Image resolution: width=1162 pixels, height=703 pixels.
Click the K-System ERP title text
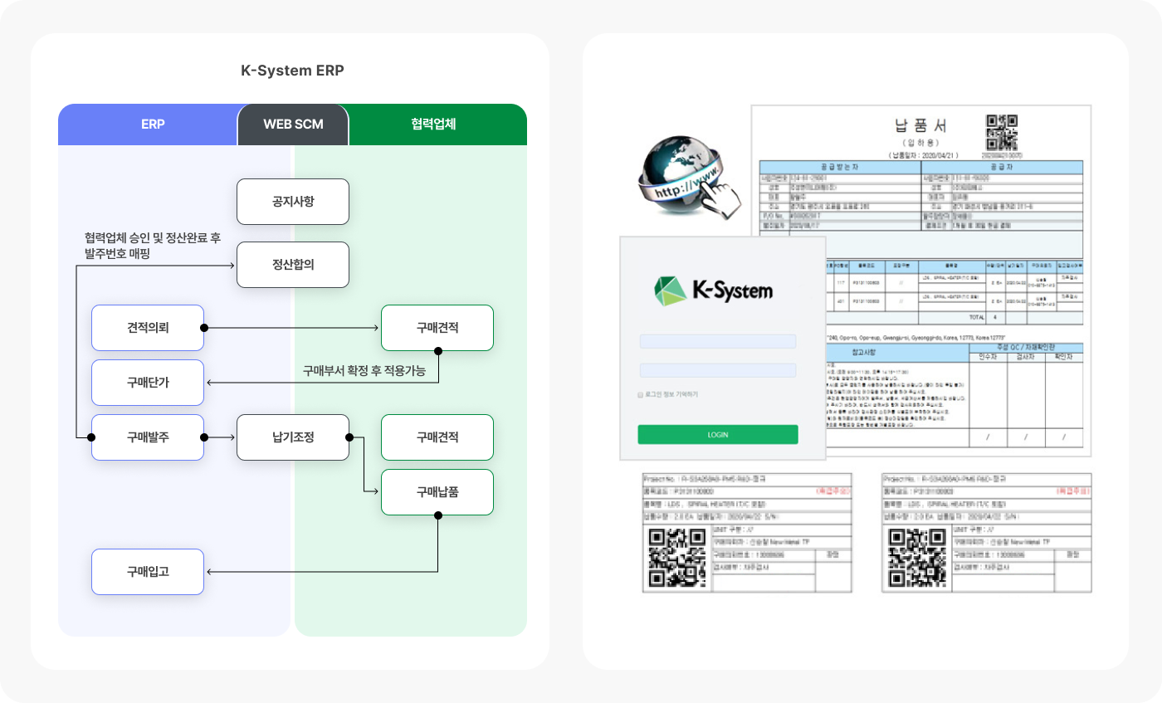pyautogui.click(x=292, y=71)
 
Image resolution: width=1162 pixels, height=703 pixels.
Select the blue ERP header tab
pyautogui.click(x=153, y=124)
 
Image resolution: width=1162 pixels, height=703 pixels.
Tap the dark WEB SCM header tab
pyautogui.click(x=293, y=124)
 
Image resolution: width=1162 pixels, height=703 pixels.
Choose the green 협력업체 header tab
pyautogui.click(x=433, y=124)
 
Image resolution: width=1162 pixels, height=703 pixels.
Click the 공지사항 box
pyautogui.click(x=292, y=202)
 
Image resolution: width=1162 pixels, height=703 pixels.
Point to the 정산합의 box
pyautogui.click(x=292, y=265)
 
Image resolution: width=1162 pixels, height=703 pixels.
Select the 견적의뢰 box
pyautogui.click(x=148, y=328)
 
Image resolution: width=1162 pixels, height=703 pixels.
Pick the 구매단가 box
pyautogui.click(x=148, y=383)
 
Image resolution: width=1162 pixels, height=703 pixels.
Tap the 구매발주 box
pyautogui.click(x=148, y=437)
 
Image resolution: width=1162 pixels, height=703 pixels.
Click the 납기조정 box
pyautogui.click(x=292, y=437)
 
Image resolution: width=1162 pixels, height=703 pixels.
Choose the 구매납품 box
pyautogui.click(x=437, y=492)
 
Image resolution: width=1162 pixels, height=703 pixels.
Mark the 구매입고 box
pyautogui.click(x=148, y=572)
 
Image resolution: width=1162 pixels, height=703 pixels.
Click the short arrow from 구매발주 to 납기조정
pyautogui.click(x=220, y=437)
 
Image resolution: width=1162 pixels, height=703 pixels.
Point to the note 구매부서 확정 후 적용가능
pyautogui.click(x=364, y=371)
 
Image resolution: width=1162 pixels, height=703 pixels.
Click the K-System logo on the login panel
pyautogui.click(x=714, y=290)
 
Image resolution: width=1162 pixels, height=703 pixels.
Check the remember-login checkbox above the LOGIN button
pyautogui.click(x=640, y=394)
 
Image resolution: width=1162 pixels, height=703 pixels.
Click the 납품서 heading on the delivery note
pyautogui.click(x=920, y=127)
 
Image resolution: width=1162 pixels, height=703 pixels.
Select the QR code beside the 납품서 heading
pyautogui.click(x=1002, y=131)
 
